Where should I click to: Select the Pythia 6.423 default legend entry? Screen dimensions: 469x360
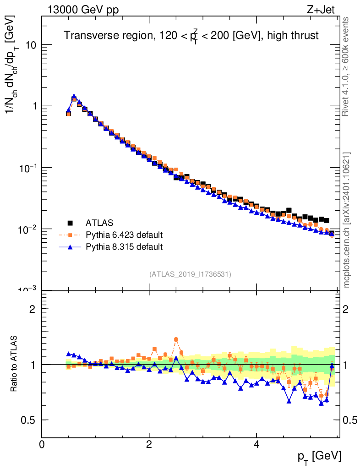pyautogui.click(x=124, y=235)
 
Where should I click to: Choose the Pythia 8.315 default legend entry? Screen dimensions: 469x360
pyautogui.click(x=124, y=247)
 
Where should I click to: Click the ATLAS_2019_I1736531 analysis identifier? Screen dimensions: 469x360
pyautogui.click(x=190, y=274)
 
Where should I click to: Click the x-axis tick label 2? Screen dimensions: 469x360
pyautogui.click(x=149, y=444)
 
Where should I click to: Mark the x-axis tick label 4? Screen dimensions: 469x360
pyautogui.click(x=256, y=444)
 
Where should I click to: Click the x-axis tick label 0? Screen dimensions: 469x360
pyautogui.click(x=42, y=444)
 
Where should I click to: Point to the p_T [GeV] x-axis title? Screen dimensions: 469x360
pyautogui.click(x=319, y=456)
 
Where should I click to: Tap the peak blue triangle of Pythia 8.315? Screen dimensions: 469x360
pyautogui.click(x=74, y=97)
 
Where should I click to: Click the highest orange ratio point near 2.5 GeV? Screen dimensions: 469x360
pyautogui.click(x=176, y=339)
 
